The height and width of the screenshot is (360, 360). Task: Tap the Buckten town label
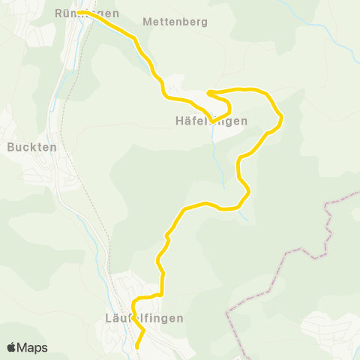pos(32,147)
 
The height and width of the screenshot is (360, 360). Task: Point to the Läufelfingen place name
pos(140,318)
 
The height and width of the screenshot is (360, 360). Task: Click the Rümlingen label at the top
pos(87,13)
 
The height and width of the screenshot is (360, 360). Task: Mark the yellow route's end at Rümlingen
pos(79,13)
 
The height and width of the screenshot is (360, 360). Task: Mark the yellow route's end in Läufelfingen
pos(136,347)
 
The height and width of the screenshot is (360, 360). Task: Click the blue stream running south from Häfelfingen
pos(218,161)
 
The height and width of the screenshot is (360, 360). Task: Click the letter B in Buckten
pos(10,147)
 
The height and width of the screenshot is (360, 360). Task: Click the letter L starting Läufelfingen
pos(101,318)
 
